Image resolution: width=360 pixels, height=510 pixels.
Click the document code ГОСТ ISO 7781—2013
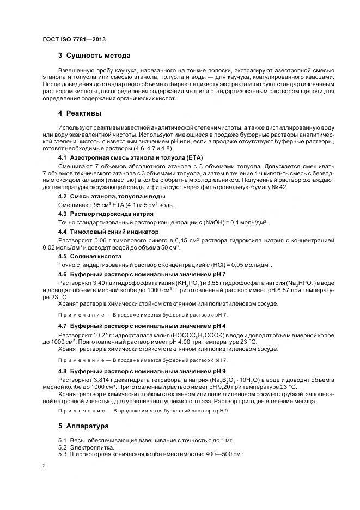click(74, 39)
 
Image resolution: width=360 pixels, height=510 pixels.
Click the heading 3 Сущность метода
click(94, 56)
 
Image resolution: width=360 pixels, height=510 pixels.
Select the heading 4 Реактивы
click(80, 113)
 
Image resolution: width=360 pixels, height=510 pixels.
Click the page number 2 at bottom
click(44, 466)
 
